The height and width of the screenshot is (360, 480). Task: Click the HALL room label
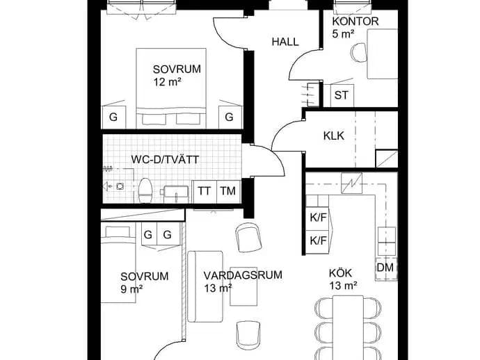tap(285, 42)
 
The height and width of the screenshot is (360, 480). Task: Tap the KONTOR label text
tap(355, 22)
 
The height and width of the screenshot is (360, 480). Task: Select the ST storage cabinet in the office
tap(342, 95)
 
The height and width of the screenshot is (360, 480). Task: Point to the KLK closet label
tap(334, 136)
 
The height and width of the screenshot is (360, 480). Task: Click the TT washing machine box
tap(205, 192)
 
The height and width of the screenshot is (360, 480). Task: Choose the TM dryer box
tap(228, 192)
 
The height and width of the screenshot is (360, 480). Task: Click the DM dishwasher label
tap(385, 268)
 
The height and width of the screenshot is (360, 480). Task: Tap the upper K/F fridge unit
tap(318, 218)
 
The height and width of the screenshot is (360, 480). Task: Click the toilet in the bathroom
tap(145, 190)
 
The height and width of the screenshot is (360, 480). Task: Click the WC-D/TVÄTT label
tap(165, 160)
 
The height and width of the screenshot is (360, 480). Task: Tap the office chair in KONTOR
tap(359, 52)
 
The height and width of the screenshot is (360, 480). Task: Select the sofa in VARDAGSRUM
tap(205, 286)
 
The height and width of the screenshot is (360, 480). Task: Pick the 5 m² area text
tap(344, 33)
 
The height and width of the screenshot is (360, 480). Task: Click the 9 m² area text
tap(131, 288)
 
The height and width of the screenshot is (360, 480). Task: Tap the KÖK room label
tap(340, 273)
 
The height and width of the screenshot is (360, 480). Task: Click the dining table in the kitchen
tap(348, 327)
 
